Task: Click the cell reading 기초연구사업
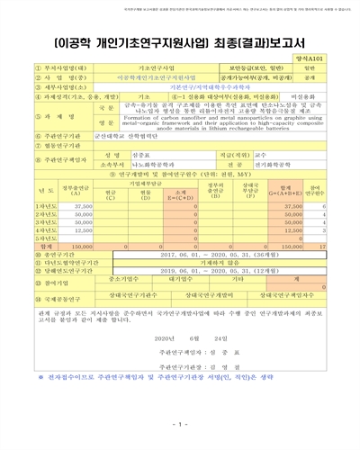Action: [x=154, y=67]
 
